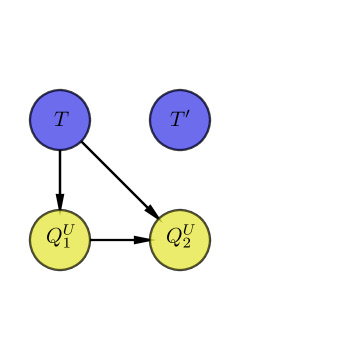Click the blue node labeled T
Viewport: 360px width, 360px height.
click(60, 120)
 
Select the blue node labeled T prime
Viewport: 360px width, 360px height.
click(180, 120)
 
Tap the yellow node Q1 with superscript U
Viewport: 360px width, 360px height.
click(60, 240)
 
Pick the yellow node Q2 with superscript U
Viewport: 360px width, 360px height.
click(180, 240)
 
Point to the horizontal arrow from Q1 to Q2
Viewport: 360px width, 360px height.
click(116, 240)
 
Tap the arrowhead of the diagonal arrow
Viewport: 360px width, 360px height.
click(152, 212)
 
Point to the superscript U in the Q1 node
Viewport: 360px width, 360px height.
click(68, 232)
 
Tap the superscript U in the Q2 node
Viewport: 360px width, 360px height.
click(188, 232)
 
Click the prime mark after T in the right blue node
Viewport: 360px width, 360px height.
click(186, 115)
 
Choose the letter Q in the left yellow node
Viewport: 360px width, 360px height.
click(53, 240)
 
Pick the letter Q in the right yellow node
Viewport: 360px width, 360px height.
click(173, 240)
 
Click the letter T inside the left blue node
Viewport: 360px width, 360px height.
click(60, 120)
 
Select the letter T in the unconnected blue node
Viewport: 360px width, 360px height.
click(176, 121)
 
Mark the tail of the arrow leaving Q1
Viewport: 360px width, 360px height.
click(93, 240)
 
